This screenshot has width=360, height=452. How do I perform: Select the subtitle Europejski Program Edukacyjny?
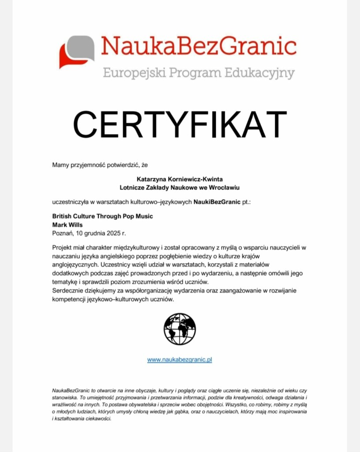[198, 72]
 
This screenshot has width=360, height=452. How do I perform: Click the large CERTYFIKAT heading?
[180, 124]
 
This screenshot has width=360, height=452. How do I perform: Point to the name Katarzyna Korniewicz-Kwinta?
[180, 179]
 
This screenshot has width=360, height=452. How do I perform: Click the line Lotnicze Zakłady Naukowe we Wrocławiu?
[180, 187]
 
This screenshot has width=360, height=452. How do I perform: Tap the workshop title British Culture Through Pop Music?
[102, 217]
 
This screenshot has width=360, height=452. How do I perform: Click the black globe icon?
[179, 329]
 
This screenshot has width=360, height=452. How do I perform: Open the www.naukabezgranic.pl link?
[179, 360]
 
